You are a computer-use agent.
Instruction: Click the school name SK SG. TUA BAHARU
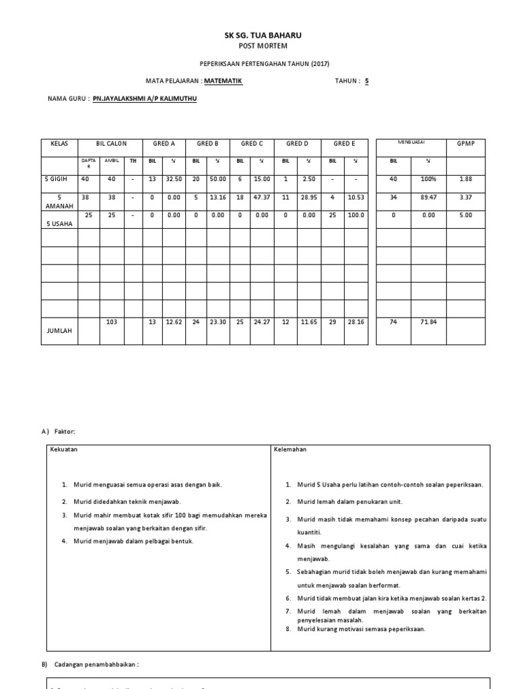(x=258, y=34)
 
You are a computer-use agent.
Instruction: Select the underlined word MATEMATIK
(x=223, y=81)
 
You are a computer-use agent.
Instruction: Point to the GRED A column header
(x=164, y=144)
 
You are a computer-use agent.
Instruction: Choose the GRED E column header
(x=344, y=144)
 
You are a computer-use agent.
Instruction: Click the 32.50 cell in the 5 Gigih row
(x=173, y=179)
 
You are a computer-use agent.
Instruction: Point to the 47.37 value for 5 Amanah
(x=263, y=197)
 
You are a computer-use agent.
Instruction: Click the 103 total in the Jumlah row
(x=112, y=322)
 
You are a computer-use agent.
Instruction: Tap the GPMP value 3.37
(x=465, y=197)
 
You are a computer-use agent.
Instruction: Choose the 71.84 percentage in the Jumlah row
(x=429, y=322)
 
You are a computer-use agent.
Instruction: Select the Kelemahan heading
(x=290, y=449)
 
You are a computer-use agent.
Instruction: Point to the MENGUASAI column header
(x=411, y=143)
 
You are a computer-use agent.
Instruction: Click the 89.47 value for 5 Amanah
(x=429, y=197)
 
